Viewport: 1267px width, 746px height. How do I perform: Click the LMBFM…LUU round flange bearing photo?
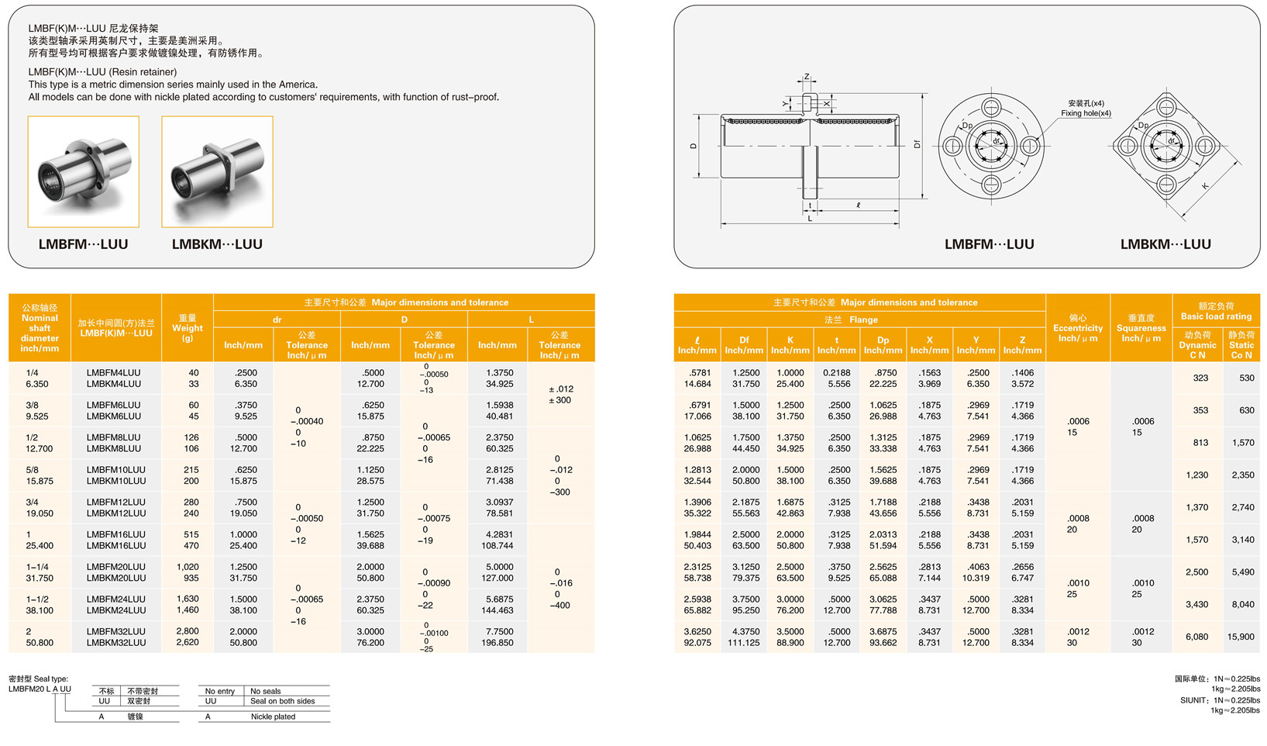coord(83,171)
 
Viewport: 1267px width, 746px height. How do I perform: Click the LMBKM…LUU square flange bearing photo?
coord(217,171)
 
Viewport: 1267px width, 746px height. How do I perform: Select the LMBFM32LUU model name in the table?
coord(115,631)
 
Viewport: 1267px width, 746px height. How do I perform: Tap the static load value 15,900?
coord(1240,637)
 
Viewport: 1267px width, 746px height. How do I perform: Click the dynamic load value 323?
coord(1200,378)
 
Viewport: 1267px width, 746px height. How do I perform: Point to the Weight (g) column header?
coord(188,328)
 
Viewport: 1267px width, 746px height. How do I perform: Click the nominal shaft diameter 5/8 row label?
coord(32,470)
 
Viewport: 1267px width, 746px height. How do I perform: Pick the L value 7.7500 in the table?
coord(499,631)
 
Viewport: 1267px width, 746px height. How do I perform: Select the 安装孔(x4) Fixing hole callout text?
coord(1086,108)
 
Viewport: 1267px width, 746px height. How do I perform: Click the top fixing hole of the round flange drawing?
coord(991,107)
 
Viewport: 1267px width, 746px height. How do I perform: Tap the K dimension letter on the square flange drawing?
coord(1205,186)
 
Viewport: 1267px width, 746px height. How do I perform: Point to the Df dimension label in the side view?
coord(917,144)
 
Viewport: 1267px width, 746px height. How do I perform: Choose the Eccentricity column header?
coord(1077,328)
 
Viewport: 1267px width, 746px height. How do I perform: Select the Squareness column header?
coord(1141,328)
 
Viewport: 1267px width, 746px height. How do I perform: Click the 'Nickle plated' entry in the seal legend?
coord(273,717)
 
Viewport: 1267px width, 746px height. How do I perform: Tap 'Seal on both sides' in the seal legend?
coord(282,701)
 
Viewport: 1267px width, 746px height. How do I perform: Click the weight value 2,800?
coord(188,631)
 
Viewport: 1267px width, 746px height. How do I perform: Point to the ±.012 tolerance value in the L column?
coord(560,389)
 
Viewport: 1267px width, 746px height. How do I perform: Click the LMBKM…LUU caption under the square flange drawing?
coord(1165,244)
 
